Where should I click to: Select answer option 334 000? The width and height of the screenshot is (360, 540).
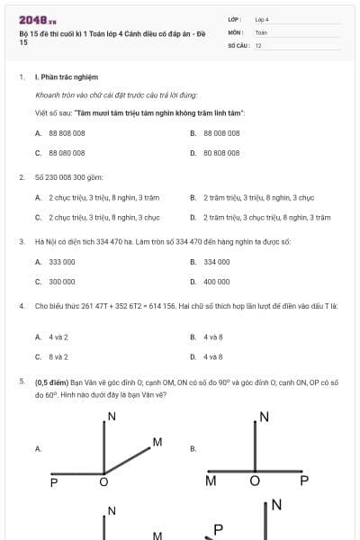coord(217,262)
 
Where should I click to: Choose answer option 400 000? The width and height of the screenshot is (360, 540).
coord(217,282)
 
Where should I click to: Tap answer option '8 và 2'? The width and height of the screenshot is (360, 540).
coord(58,356)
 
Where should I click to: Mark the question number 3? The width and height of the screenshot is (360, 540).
coord(21,241)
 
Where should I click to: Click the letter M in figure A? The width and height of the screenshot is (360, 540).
coord(157,442)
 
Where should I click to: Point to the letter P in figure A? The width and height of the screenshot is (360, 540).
coord(54,482)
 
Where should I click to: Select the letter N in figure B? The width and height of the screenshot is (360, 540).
coord(265,416)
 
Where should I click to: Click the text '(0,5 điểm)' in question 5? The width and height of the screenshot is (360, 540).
coord(49,382)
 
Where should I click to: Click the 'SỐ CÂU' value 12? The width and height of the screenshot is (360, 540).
coord(258,45)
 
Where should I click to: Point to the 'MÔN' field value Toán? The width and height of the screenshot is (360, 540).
coord(261,31)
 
